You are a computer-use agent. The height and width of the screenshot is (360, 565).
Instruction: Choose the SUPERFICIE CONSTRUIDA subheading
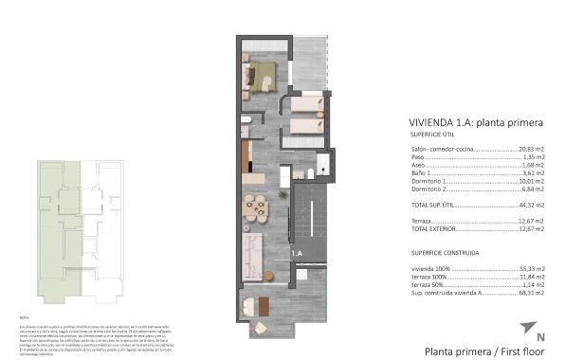[445, 254]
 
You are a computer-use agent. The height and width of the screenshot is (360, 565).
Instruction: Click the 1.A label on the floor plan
[296, 253]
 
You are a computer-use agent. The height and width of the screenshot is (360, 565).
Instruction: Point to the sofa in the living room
[254, 252]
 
